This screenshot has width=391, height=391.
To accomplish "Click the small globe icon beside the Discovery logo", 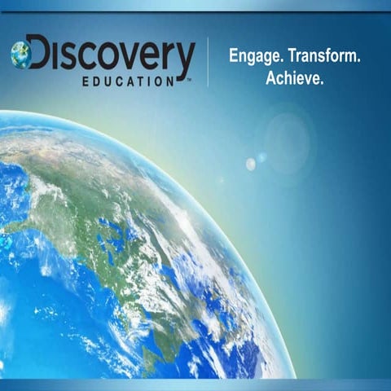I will pyautogui.click(x=22, y=55).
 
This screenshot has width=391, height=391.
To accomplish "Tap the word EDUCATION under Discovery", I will pyautogui.click(x=128, y=82).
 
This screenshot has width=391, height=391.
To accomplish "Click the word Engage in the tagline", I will pyautogui.click(x=254, y=57).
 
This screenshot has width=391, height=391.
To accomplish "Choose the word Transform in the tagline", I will pyautogui.click(x=325, y=57).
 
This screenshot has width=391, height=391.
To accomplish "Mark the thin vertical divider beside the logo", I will pyautogui.click(x=208, y=61).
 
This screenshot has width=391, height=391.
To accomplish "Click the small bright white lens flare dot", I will pyautogui.click(x=251, y=164).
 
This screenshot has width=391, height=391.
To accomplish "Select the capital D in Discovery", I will pyautogui.click(x=39, y=55).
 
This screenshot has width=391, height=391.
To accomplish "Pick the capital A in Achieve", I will pyautogui.click(x=271, y=79).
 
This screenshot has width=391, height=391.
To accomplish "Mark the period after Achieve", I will pyautogui.click(x=323, y=84).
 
